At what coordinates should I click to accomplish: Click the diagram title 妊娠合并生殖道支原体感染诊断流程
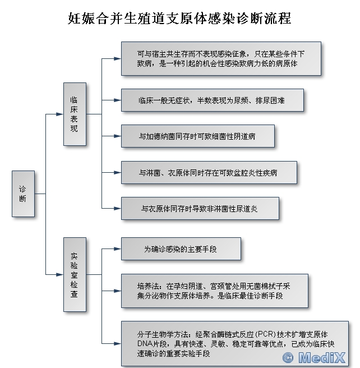pos(179,19)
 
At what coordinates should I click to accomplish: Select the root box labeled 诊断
pos(22,194)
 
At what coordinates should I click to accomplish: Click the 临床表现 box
pos(74,114)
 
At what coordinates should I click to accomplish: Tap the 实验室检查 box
pos(74,274)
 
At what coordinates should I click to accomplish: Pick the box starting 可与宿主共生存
pos(221,58)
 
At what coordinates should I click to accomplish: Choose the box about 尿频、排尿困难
pos(212,100)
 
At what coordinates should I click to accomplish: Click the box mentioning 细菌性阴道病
pos(197,136)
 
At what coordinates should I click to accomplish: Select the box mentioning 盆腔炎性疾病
pos(208,173)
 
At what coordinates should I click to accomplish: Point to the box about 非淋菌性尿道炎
pos(199,208)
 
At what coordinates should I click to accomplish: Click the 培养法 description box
pos(214,291)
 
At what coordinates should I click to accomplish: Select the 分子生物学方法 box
pos(234,342)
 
